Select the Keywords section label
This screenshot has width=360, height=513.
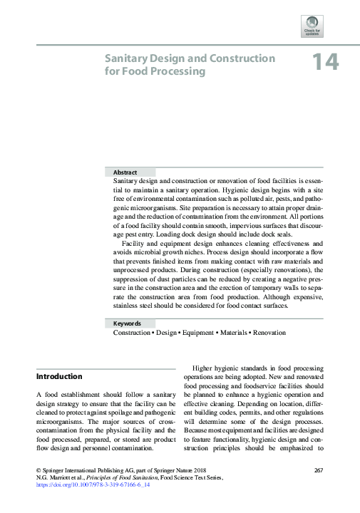[x=127, y=323]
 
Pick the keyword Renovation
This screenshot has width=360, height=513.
[x=269, y=333]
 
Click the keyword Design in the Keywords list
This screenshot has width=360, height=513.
[x=166, y=333]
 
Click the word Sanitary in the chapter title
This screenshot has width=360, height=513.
[x=125, y=59]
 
